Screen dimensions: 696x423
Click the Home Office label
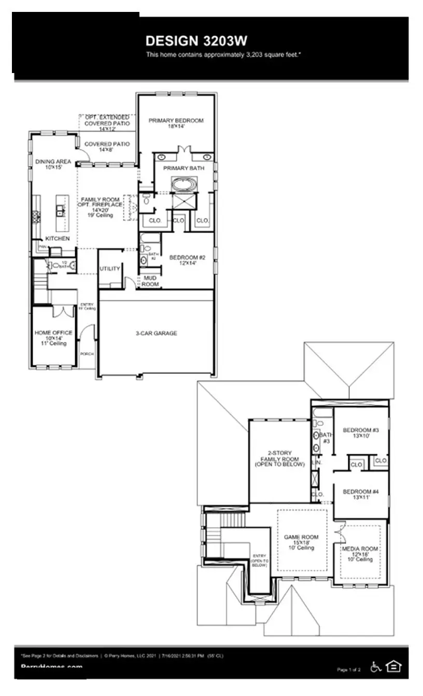pos(53,333)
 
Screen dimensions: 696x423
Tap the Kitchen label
pos(58,239)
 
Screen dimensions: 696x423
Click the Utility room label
pos(110,269)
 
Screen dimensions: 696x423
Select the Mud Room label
pos(150,281)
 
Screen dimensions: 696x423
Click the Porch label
pos(87,354)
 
